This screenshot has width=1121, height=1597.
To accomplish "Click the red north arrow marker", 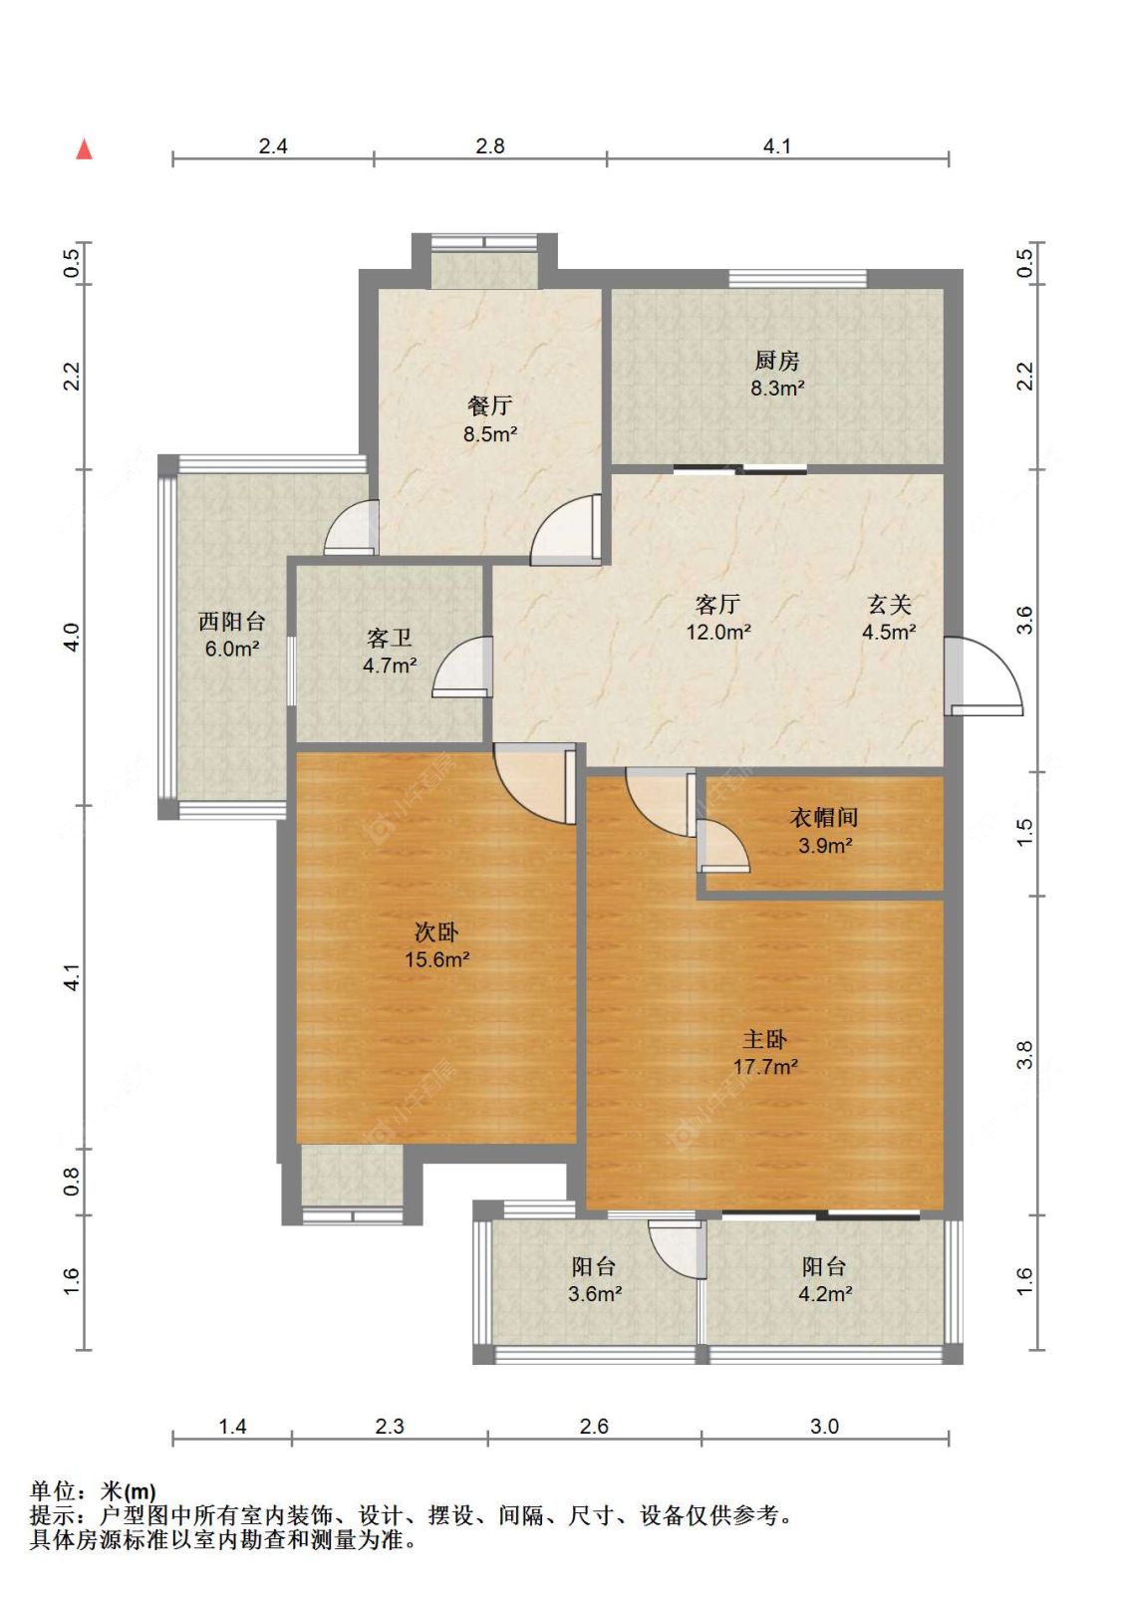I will (x=85, y=149).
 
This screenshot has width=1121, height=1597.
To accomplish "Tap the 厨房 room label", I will (x=777, y=361).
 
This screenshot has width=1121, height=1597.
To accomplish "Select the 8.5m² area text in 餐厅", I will (x=489, y=434).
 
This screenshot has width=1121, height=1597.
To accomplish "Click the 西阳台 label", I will (x=232, y=622).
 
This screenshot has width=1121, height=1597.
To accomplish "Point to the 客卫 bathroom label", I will (x=390, y=638).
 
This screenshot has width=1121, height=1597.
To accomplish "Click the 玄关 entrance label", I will (x=889, y=605).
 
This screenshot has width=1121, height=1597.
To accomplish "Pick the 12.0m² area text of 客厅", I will (x=717, y=632).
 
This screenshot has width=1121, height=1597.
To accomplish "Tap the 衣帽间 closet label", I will (x=824, y=818).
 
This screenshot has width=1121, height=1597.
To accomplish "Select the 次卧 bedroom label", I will (x=436, y=932).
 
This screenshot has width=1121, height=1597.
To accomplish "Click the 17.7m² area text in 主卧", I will (x=765, y=1067).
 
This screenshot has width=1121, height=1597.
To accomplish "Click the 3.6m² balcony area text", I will (x=595, y=1294).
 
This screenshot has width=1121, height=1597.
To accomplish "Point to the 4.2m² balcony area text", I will (x=825, y=1294).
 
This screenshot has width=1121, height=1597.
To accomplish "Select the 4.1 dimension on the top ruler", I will (x=777, y=146).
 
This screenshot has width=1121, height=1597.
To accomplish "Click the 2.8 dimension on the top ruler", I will (x=490, y=146).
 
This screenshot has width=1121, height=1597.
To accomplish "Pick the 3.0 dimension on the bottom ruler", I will (x=824, y=1427).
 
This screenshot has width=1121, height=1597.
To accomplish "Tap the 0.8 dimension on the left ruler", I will (x=72, y=1182).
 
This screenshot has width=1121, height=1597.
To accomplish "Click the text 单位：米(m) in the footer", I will (x=93, y=1491).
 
